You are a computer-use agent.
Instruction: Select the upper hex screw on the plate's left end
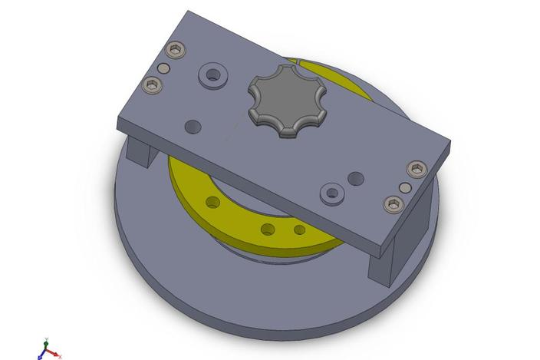(176, 52)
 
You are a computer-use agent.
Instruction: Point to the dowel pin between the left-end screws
(163, 68)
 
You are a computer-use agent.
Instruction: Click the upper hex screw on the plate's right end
(417, 169)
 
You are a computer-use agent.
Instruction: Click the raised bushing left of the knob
(212, 76)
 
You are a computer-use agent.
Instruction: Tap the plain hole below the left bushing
(193, 124)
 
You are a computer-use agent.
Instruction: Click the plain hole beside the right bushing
(356, 177)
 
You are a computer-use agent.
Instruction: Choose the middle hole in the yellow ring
(268, 228)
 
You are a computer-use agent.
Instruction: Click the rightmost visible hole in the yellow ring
(299, 230)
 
